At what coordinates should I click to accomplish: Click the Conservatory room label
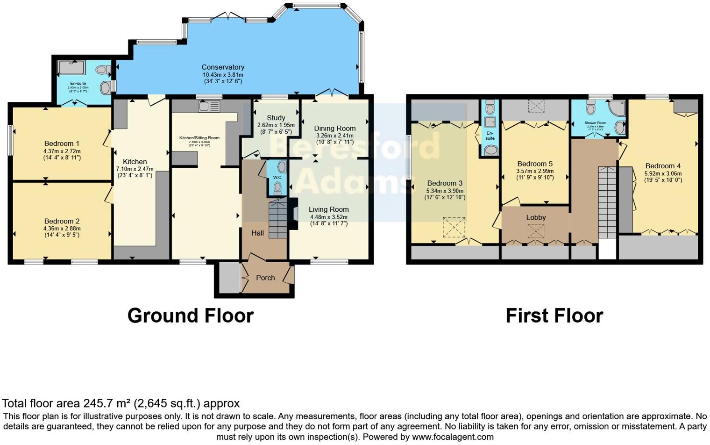[x=223, y=67]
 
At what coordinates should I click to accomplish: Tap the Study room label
[x=276, y=118]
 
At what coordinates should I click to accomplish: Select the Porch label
[x=265, y=278]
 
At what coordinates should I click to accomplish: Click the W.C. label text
[x=277, y=178]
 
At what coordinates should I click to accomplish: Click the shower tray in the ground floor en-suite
[x=71, y=68]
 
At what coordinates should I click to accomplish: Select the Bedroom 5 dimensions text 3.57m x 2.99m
[x=535, y=171]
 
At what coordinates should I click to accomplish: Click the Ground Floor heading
[x=191, y=316]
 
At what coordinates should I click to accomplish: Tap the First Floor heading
[x=554, y=316]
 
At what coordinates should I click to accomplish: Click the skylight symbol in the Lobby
[x=536, y=231]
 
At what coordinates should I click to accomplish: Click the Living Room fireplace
[x=293, y=214]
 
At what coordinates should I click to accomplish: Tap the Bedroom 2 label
[x=62, y=221]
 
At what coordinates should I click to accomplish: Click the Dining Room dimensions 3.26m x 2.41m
[x=334, y=136]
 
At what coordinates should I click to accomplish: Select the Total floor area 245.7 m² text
[x=121, y=403]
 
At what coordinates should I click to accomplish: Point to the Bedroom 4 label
[x=663, y=166]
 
